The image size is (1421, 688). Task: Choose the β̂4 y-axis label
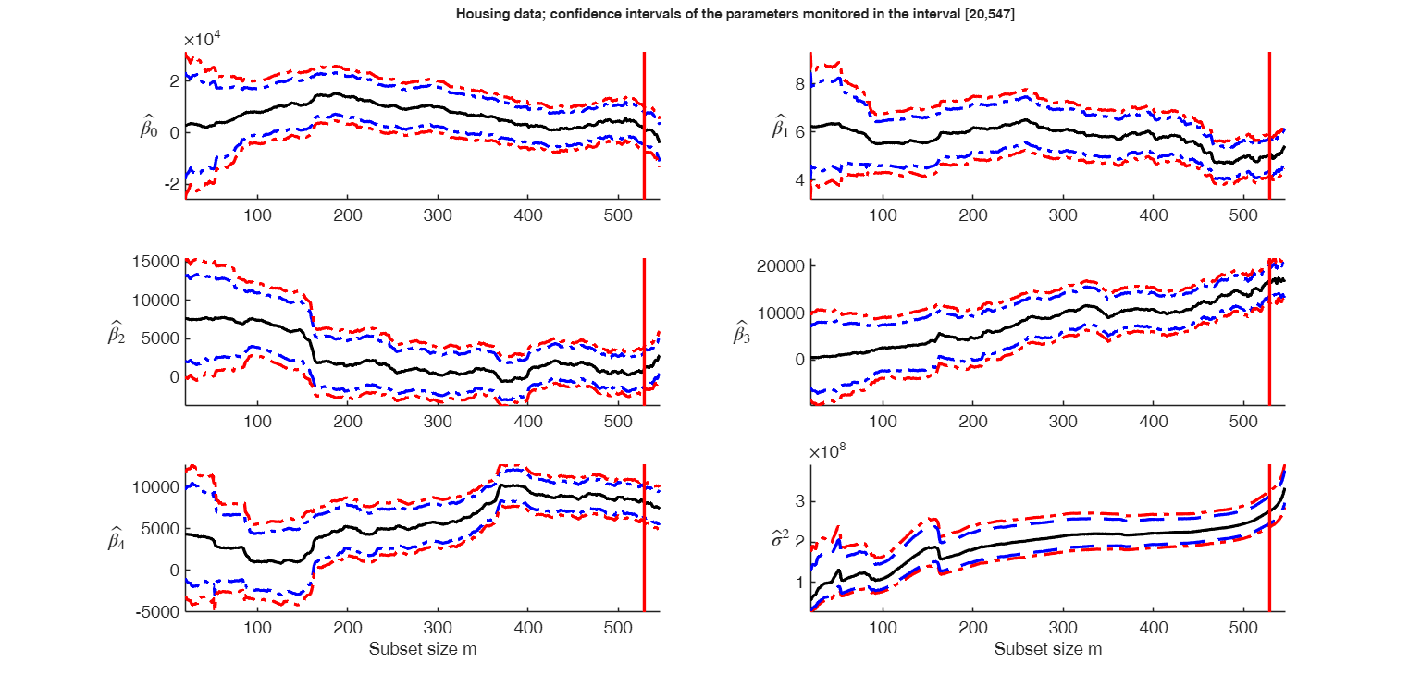click(x=118, y=540)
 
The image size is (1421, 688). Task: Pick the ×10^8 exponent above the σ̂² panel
click(x=831, y=452)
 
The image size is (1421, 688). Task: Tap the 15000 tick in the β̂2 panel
click(x=157, y=262)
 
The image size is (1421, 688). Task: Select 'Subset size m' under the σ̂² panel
click(x=1048, y=649)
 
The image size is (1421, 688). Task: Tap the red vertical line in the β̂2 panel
click(x=644, y=333)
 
